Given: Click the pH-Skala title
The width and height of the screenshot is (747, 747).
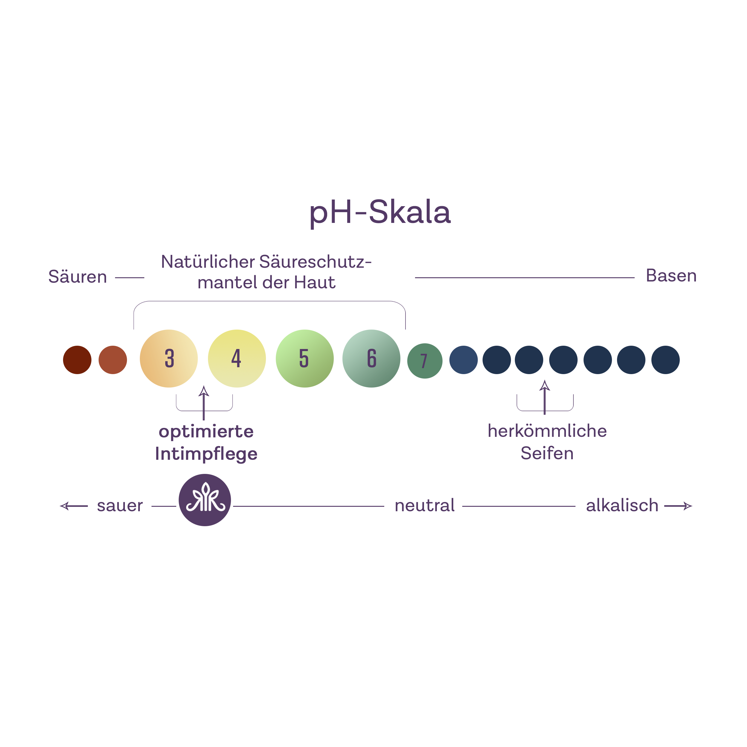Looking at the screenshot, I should click(380, 213).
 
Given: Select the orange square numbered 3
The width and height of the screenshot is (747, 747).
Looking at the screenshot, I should click(169, 359).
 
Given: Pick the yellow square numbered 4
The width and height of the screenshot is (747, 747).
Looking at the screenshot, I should click(237, 359).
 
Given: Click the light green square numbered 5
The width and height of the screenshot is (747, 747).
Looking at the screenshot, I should click(305, 359).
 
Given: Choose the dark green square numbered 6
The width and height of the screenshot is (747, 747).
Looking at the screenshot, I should click(372, 359).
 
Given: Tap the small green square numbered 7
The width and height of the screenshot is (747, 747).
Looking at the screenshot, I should click(425, 361).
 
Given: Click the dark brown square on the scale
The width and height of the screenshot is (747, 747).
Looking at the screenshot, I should click(77, 359).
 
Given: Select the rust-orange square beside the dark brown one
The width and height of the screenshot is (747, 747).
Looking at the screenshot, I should click(113, 359).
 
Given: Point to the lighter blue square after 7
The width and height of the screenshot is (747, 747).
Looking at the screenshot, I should click(463, 359).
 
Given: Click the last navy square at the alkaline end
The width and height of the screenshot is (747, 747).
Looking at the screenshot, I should click(665, 359).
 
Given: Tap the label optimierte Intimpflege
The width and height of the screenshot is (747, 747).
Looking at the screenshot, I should click(206, 443).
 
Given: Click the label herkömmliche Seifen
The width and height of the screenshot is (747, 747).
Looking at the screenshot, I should click(547, 442).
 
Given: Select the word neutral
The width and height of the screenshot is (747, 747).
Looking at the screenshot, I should click(425, 505).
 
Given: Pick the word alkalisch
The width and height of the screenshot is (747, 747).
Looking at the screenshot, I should click(622, 505).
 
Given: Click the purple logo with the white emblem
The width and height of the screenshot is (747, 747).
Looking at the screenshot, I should click(205, 500).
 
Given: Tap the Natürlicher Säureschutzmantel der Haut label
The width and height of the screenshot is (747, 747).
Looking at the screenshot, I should click(266, 272).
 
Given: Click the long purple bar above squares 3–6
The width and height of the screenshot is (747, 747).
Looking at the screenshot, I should click(270, 315).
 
